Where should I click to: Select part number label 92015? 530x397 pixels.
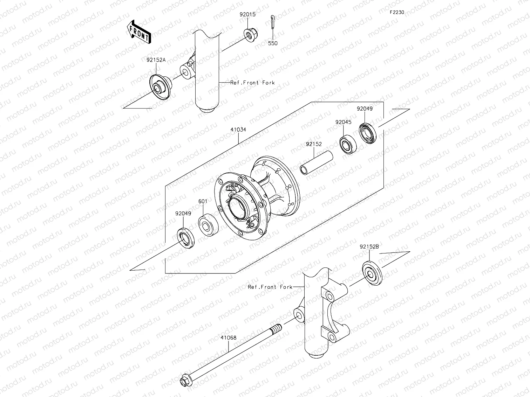coord(247,15)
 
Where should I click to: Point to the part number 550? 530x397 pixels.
coord(273,43)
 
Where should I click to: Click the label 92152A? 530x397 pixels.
coord(156,60)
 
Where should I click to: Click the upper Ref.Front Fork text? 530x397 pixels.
coord(252,83)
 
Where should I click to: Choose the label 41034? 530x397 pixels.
coord(238,130)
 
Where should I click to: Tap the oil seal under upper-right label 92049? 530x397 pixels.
coord(368,133)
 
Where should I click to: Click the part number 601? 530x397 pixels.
coord(203,201)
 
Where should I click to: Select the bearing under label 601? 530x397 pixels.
coord(208,224)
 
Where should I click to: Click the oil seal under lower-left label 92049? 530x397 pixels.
coord(185,238)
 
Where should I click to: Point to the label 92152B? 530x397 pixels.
coord(369,246)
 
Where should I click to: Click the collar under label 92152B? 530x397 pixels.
coord(371,273)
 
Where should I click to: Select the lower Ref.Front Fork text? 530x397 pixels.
coord(270,287)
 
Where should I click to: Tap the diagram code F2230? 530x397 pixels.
coord(397,12)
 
